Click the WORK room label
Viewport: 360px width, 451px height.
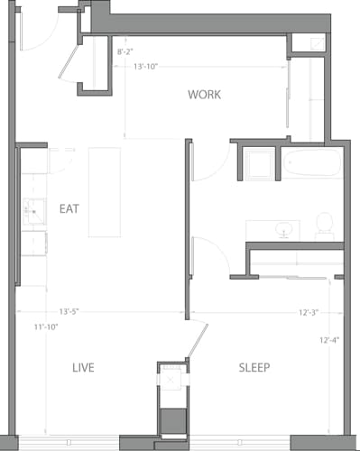coord(204,95)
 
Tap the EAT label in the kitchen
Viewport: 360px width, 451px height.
coord(69,208)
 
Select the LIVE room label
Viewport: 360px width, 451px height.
coord(83,368)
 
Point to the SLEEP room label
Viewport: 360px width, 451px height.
coord(254,368)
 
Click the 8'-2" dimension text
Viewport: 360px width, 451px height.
coord(127,53)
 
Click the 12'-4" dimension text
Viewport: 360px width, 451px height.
coord(330,340)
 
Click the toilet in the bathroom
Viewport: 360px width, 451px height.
coord(324,226)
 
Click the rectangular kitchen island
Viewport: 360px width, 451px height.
coord(104,192)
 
